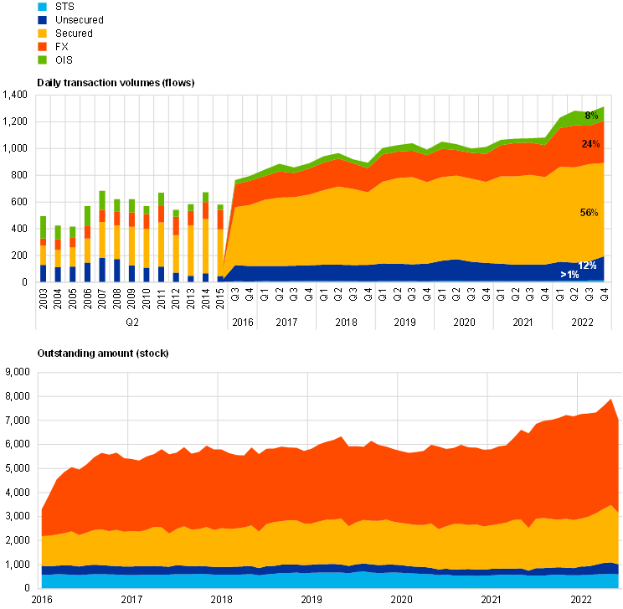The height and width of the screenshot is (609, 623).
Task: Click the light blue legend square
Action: pos(42,7)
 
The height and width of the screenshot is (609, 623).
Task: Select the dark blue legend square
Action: pos(42,20)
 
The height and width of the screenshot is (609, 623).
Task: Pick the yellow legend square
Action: pos(42,34)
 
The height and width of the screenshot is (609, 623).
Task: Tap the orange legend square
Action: pos(42,47)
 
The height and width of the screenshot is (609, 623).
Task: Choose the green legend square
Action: pos(42,60)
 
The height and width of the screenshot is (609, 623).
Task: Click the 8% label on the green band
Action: pos(591,116)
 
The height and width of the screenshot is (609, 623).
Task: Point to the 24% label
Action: pos(590,144)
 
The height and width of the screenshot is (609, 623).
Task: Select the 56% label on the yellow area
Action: pos(589,213)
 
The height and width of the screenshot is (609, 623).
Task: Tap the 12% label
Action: pos(587,266)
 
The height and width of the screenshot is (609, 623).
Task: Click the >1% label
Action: pos(569,275)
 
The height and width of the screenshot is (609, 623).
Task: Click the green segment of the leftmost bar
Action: pos(44,227)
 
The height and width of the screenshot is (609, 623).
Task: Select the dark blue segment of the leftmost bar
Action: pos(44,272)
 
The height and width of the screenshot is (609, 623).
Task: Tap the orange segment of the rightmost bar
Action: pos(220,219)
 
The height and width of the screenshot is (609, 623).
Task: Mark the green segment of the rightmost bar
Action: pos(220,207)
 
